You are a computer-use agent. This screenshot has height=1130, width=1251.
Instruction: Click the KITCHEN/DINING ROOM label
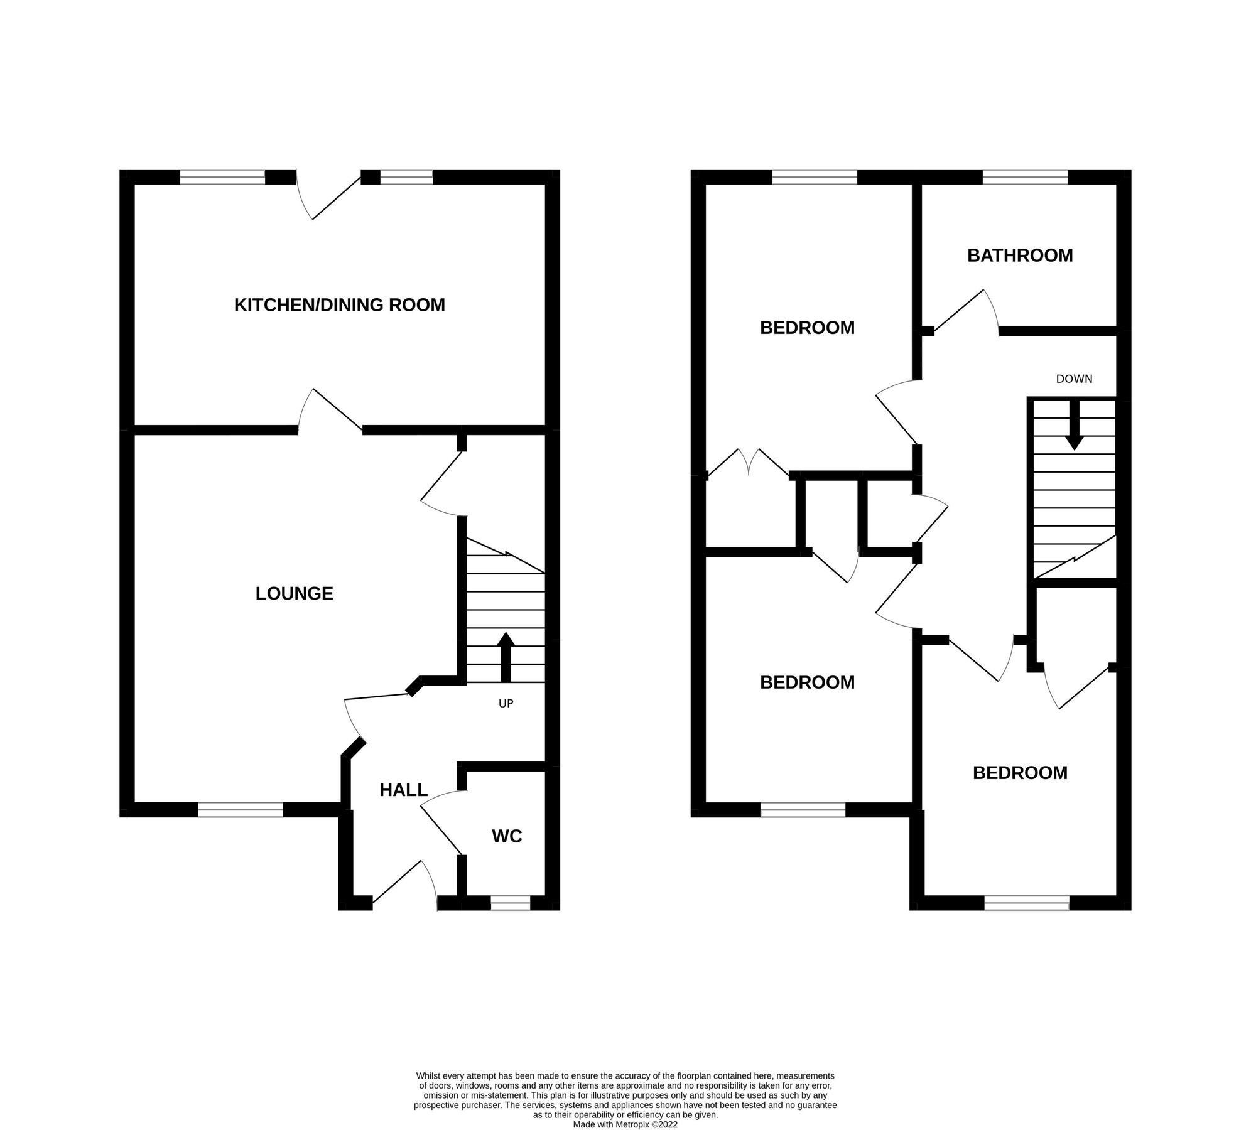tap(339, 305)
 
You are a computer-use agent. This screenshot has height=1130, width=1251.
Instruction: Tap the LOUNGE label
tap(294, 593)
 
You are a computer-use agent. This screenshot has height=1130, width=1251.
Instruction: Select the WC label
tap(507, 836)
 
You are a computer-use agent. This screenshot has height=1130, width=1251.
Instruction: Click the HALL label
tap(403, 790)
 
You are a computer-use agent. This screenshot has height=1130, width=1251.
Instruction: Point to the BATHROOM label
tap(1019, 256)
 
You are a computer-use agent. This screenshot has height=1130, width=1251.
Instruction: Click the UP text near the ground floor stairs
tap(506, 704)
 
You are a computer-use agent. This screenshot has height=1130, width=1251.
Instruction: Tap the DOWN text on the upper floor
tap(1074, 379)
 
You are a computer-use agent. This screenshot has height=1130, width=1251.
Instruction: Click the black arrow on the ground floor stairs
tap(506, 656)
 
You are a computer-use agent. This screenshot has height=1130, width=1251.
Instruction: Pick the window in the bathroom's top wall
tap(1024, 177)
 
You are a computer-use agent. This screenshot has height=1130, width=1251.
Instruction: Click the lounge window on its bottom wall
tap(241, 810)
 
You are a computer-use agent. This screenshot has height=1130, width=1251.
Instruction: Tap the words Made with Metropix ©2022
tap(625, 1107)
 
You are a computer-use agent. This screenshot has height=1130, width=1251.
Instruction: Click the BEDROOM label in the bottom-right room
tap(1019, 773)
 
